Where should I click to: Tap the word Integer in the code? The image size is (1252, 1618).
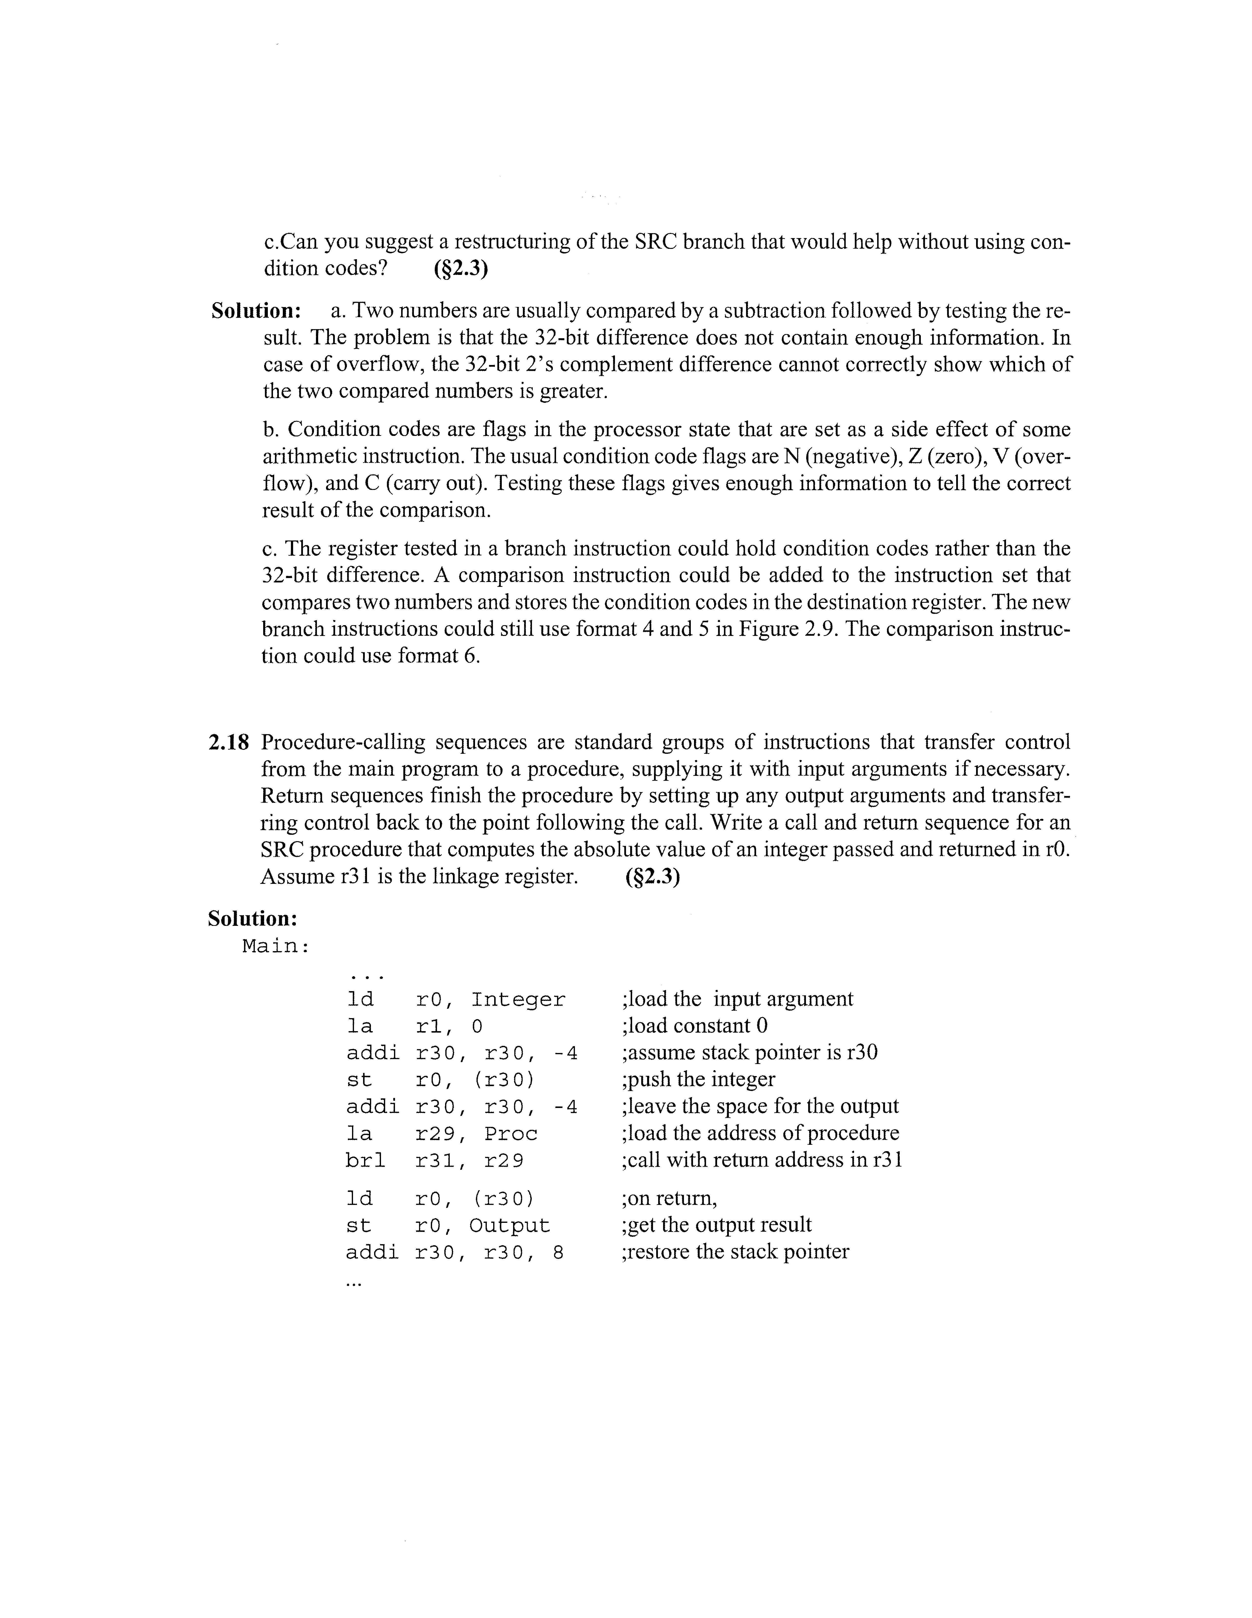[x=518, y=1000]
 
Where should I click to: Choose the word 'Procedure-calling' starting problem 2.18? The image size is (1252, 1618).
[x=343, y=742]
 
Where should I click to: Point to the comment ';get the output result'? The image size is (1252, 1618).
[x=716, y=1225]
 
